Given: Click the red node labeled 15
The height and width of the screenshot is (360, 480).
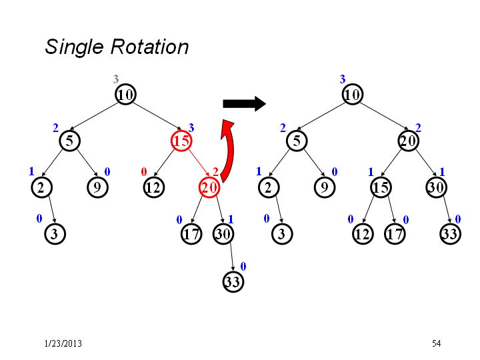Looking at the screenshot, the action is (x=181, y=141).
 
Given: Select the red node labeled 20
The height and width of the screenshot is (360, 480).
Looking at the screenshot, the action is (x=209, y=187).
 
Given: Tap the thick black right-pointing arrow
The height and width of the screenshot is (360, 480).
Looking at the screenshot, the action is (x=244, y=104).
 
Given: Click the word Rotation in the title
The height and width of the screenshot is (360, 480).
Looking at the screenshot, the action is (x=149, y=47).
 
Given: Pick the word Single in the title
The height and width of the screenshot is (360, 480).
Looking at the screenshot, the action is (x=75, y=47).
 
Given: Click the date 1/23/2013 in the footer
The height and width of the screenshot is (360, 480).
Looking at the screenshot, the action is (x=63, y=343).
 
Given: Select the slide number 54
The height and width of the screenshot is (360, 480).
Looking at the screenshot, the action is (x=437, y=343).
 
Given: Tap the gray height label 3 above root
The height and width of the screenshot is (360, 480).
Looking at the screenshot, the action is (x=116, y=79).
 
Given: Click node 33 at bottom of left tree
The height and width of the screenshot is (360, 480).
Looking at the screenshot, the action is (x=233, y=281).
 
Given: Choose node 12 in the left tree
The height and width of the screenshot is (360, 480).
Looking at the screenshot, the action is (x=154, y=187).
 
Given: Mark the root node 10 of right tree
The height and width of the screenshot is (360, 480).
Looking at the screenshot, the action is (x=353, y=94).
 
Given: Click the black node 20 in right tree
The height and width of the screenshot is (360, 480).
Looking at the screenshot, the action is (x=409, y=141).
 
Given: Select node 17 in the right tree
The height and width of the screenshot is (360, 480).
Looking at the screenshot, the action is (x=395, y=234).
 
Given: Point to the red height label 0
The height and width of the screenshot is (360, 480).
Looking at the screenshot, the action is (x=144, y=172).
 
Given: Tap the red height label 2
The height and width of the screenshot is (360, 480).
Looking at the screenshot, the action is (x=215, y=172).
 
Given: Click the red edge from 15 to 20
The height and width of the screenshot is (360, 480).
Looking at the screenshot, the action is (x=199, y=164).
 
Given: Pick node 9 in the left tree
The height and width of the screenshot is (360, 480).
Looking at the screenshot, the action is (x=97, y=187).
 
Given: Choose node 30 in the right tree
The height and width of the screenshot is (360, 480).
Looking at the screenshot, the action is (x=437, y=187).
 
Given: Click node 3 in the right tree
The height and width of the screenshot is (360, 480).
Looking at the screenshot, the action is (x=282, y=234).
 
